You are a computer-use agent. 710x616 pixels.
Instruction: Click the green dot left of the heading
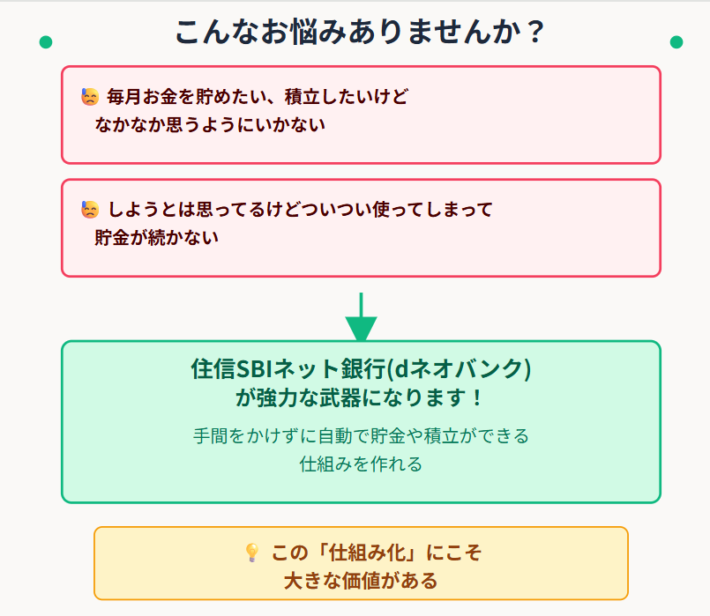46,42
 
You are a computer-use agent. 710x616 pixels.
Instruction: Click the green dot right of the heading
676,42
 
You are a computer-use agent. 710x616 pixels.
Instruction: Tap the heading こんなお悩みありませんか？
360,33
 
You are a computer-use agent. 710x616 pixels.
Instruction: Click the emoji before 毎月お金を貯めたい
90,96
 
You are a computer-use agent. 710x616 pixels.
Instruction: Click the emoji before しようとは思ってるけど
90,210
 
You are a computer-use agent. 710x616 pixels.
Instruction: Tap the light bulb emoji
251,553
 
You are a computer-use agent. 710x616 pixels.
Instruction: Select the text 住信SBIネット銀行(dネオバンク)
361,367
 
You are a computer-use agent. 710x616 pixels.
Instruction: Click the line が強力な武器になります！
361,397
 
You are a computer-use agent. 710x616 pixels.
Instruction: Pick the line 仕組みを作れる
361,464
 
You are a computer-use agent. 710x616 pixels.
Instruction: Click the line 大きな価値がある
361,581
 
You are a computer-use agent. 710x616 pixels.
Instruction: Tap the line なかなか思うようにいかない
210,124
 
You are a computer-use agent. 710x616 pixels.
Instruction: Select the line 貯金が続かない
156,237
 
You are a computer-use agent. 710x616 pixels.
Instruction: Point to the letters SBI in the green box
253,367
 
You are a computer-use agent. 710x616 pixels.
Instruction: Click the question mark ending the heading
532,33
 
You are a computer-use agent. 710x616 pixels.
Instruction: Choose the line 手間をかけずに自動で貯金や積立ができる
361,435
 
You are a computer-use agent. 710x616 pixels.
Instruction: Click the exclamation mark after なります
476,397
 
